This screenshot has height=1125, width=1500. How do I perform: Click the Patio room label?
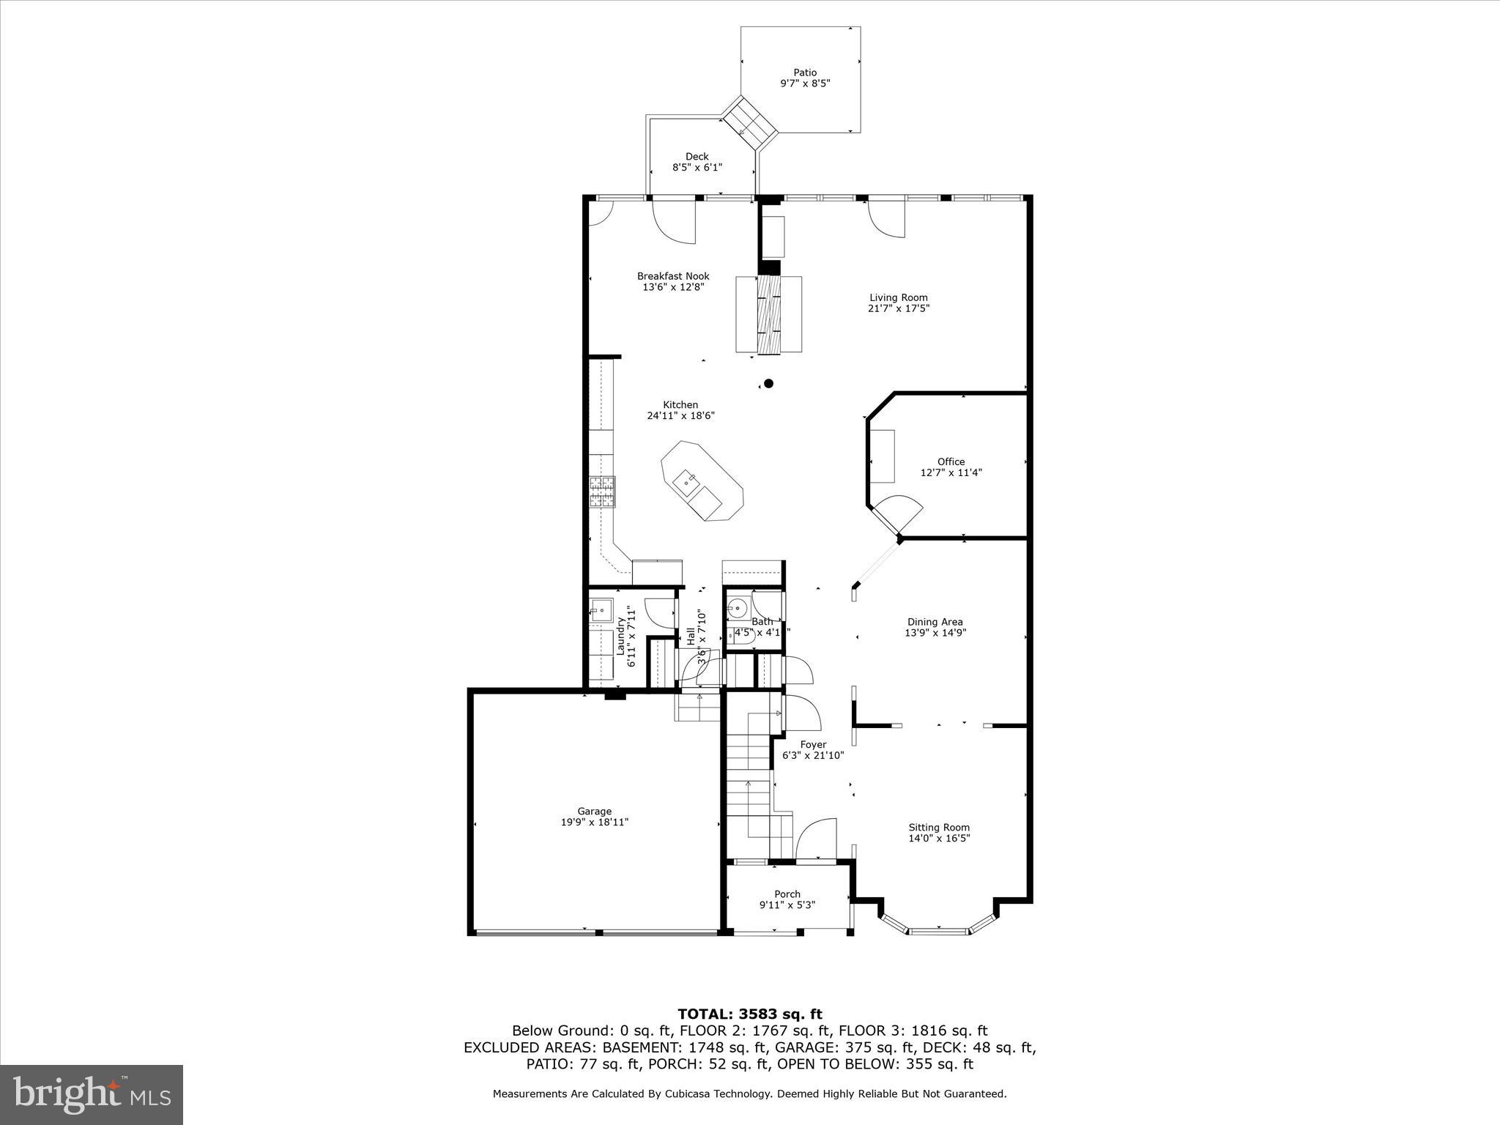click(804, 73)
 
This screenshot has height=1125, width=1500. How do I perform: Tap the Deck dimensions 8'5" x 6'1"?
click(697, 168)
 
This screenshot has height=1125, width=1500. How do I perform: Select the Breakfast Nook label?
click(672, 276)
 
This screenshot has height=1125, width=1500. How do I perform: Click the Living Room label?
click(898, 297)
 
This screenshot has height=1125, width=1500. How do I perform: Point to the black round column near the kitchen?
click(768, 383)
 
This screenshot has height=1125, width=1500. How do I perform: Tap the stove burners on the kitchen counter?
click(602, 491)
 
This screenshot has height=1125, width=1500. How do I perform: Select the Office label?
click(951, 461)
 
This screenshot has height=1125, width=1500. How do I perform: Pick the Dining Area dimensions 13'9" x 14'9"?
click(935, 634)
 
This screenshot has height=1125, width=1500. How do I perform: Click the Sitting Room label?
click(939, 828)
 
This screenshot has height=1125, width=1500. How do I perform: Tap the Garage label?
click(594, 812)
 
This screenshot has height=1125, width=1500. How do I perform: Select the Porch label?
click(787, 894)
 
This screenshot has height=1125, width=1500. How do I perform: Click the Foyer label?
click(813, 745)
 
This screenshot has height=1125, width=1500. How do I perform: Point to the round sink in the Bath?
click(737, 607)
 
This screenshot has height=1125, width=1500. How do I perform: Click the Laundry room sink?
click(601, 609)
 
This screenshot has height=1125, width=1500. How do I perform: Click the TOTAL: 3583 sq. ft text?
click(749, 1014)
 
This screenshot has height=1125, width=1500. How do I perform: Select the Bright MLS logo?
click(92, 1094)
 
